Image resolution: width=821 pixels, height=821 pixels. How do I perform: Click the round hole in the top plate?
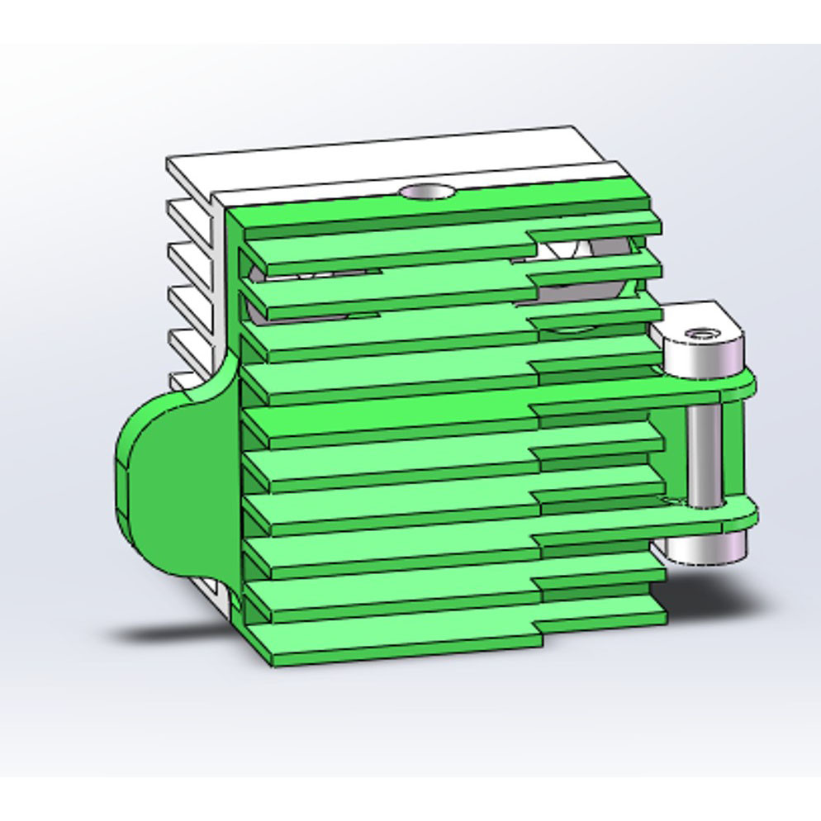[x=426, y=192]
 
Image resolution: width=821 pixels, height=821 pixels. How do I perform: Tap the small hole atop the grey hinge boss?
[x=703, y=335]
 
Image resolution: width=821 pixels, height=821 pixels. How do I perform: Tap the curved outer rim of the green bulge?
[x=123, y=479]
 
